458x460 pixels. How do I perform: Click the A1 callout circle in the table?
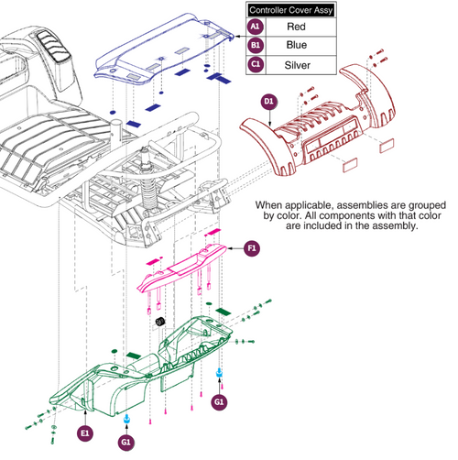256,28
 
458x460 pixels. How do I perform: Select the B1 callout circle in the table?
256,47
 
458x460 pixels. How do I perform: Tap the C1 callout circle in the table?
256,65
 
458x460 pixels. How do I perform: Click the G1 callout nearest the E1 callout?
126,442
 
